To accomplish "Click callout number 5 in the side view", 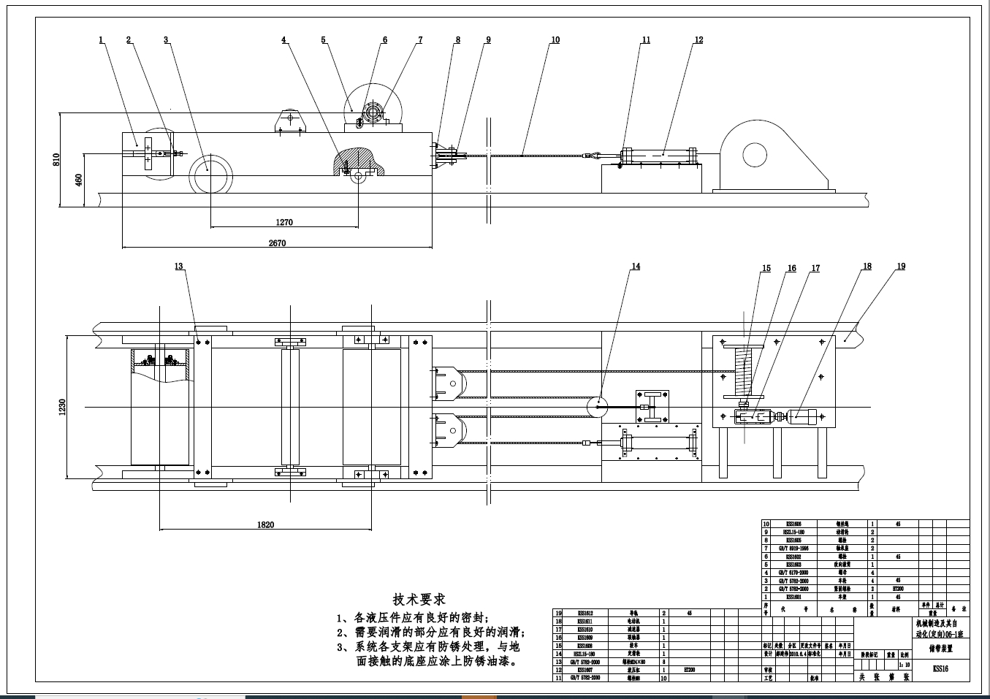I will [324, 40].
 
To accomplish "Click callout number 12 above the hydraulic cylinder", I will [698, 40].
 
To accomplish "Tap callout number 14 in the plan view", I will [636, 267].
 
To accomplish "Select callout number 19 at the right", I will [901, 267].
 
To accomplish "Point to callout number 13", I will [179, 267].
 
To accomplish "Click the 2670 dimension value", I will [277, 243].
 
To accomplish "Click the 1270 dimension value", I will [284, 223].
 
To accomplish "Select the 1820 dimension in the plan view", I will [265, 524].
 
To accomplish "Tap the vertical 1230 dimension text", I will [62, 408].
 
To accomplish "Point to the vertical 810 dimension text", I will [56, 159].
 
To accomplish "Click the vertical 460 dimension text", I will [79, 180].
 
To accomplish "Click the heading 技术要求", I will [419, 600].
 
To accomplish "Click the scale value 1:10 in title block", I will [907, 665].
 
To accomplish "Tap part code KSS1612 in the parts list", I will [585, 614].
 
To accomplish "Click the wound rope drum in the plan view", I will [743, 372].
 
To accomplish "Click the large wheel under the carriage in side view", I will [211, 174].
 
